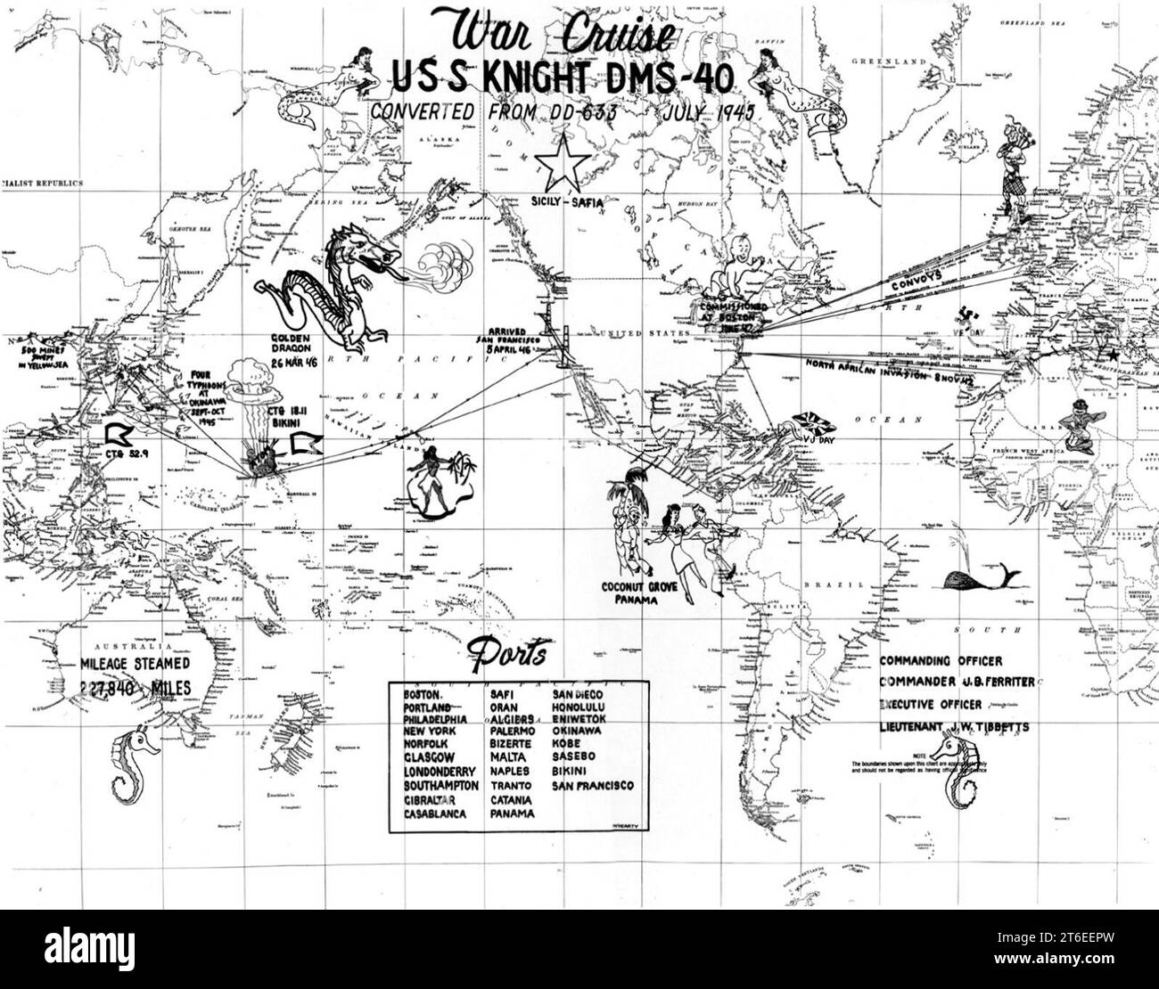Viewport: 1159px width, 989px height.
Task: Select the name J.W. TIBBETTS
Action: coord(989,727)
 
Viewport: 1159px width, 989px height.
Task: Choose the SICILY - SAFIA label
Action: coord(566,202)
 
